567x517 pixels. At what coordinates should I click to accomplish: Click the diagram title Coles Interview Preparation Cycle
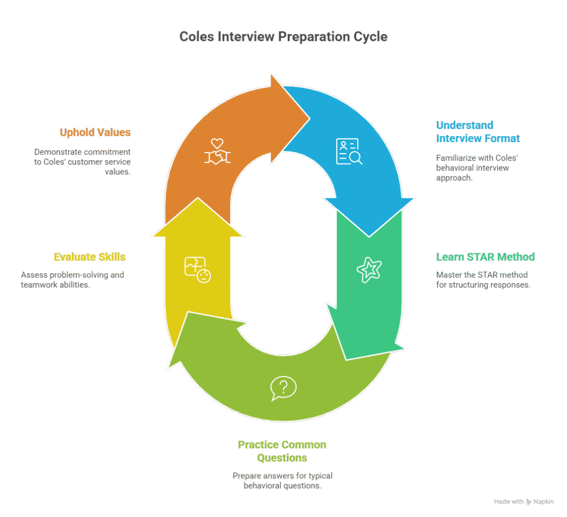pos(283,36)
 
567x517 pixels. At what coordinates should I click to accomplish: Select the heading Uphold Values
pos(95,132)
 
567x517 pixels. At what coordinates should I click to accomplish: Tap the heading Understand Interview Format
pos(478,132)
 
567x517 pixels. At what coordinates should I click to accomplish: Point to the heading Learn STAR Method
pos(485,257)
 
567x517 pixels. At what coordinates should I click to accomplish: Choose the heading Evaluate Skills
pos(90,257)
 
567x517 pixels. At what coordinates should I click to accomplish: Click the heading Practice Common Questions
pos(282,451)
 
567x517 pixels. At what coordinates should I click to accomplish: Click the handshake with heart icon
pos(217,152)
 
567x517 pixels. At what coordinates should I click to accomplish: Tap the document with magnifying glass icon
pos(349,152)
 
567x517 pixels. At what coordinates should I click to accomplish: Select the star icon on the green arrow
pos(369,270)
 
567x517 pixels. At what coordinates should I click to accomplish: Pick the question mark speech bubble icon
pos(283,388)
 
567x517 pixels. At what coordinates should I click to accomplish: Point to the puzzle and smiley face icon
pos(198,270)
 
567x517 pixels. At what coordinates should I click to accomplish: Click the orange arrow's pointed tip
pos(310,118)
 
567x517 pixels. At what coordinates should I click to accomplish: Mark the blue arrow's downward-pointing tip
pos(369,237)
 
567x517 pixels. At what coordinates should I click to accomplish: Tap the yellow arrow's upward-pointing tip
pos(198,198)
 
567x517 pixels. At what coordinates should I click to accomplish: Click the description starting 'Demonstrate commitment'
pos(83,162)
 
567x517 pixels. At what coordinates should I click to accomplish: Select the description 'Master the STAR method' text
pos(483,280)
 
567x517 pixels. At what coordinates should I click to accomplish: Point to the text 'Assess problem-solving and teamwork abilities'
pos(73,280)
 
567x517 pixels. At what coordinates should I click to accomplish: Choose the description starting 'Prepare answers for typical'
pos(282,481)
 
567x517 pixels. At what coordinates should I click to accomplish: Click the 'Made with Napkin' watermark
pos(524,502)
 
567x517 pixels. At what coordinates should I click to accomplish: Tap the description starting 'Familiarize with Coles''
pos(477,168)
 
